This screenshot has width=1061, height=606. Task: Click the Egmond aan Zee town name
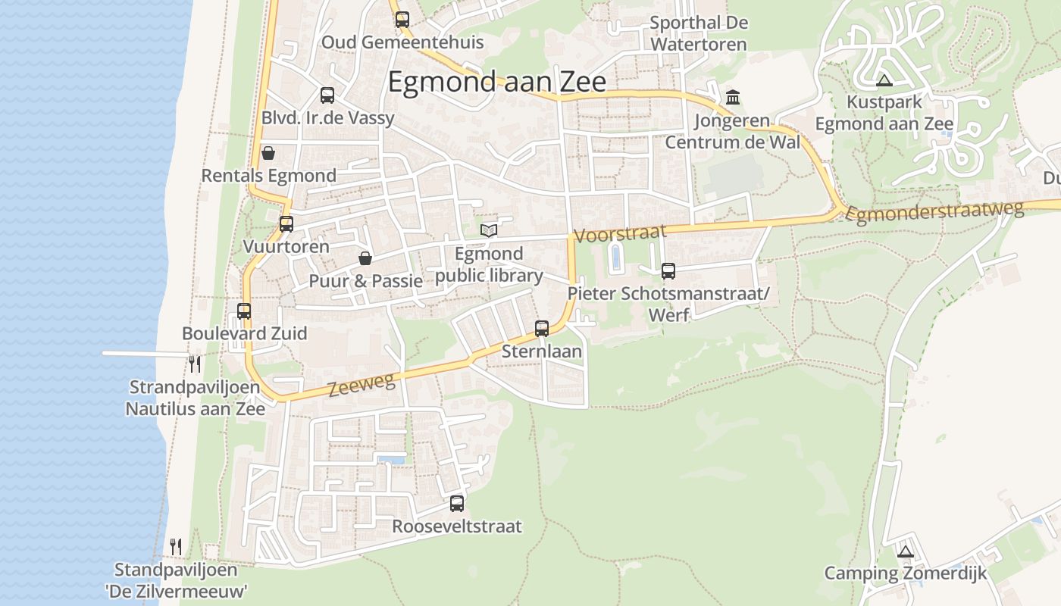tap(496, 82)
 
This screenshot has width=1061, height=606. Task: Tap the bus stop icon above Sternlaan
tap(542, 329)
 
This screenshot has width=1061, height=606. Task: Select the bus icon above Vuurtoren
tap(286, 224)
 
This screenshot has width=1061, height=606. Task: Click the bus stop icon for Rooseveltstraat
tap(457, 503)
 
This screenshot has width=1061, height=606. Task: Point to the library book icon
tap(489, 230)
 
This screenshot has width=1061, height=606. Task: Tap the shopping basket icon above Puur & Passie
tap(365, 259)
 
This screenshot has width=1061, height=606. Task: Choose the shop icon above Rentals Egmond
tap(268, 154)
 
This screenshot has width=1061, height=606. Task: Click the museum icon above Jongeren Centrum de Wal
tap(733, 98)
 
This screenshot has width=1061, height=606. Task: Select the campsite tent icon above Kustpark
tap(884, 80)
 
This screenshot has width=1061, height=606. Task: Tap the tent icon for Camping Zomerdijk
tap(905, 551)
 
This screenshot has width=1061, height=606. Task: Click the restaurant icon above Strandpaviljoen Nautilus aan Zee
tap(196, 364)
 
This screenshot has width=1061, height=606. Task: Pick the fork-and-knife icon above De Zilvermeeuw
tap(176, 546)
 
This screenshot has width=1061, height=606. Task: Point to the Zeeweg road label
tap(362, 386)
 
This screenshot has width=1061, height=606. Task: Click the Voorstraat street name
tap(621, 233)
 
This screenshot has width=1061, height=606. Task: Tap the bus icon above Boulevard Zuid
tap(244, 311)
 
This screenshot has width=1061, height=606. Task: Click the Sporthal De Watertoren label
tap(699, 33)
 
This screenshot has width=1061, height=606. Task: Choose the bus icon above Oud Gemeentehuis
tap(402, 20)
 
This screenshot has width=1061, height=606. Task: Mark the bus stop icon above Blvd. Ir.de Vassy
tap(327, 95)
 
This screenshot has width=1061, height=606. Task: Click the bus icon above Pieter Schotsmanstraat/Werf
tap(668, 271)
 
